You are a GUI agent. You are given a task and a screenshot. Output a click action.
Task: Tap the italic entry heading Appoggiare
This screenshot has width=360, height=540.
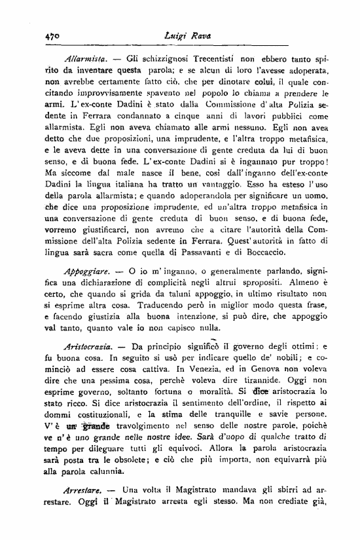[88, 286]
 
